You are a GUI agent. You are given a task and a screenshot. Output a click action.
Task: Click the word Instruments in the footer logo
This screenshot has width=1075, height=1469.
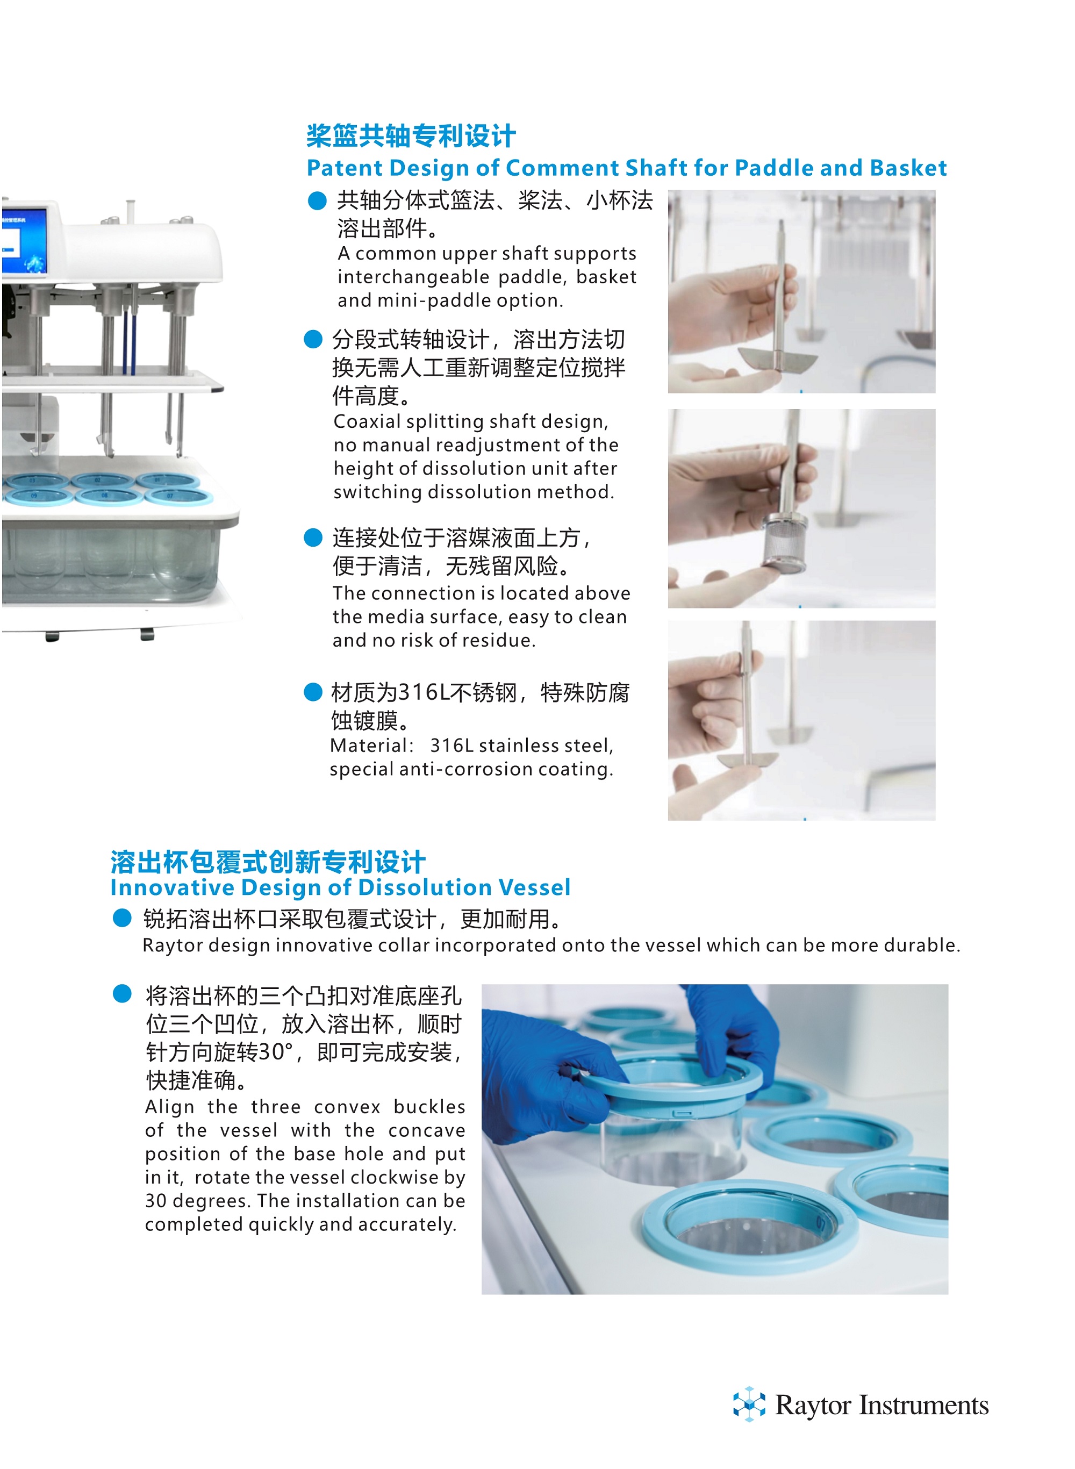click(923, 1405)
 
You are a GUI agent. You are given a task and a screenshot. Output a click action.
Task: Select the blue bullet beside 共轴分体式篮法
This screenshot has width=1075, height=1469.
click(317, 200)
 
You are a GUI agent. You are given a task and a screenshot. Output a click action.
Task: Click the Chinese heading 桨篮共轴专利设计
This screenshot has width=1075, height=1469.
click(411, 137)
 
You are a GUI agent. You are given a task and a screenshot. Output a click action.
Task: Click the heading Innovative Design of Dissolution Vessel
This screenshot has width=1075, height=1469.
click(340, 887)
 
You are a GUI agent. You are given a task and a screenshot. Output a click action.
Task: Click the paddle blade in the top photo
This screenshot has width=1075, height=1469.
click(779, 358)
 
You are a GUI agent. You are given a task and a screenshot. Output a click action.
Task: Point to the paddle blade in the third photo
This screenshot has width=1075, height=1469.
click(748, 759)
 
